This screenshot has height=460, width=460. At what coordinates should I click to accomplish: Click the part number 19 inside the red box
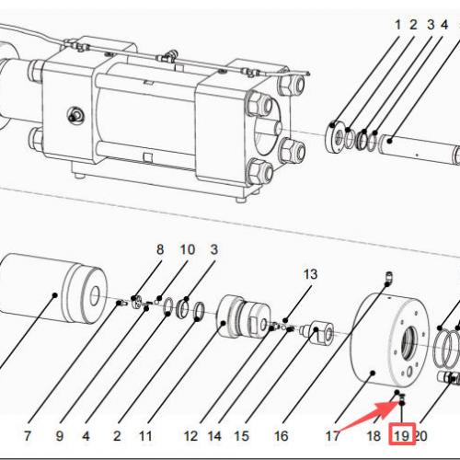click(x=402, y=433)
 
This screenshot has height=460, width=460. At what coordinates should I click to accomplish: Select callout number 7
click(x=28, y=434)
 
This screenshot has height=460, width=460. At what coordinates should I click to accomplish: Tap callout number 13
click(x=309, y=274)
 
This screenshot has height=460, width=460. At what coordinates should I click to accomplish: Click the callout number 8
click(x=159, y=249)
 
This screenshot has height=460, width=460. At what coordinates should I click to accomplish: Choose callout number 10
click(x=187, y=249)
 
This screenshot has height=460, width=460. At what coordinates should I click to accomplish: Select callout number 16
click(x=282, y=434)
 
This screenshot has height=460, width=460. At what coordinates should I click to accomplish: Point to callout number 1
click(x=398, y=25)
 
